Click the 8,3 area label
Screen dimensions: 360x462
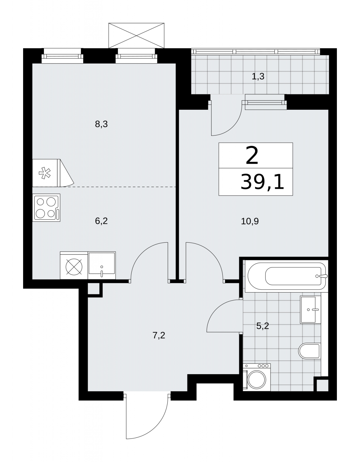101,124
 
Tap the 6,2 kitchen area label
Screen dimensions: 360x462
101,221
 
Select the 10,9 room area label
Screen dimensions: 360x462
250,221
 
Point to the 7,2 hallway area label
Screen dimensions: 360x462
159,335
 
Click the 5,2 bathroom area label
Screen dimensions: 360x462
263,326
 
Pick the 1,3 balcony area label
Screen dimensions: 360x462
258,76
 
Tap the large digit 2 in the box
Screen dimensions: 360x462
252,156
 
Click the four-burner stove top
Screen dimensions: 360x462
46,208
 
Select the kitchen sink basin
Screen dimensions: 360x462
102,265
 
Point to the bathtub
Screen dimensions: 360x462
287,276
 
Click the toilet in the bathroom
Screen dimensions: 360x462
310,351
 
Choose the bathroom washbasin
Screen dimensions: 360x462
311,310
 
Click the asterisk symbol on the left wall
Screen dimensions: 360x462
45,173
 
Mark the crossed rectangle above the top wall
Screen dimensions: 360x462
136,36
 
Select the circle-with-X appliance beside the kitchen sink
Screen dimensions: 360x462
74,267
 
